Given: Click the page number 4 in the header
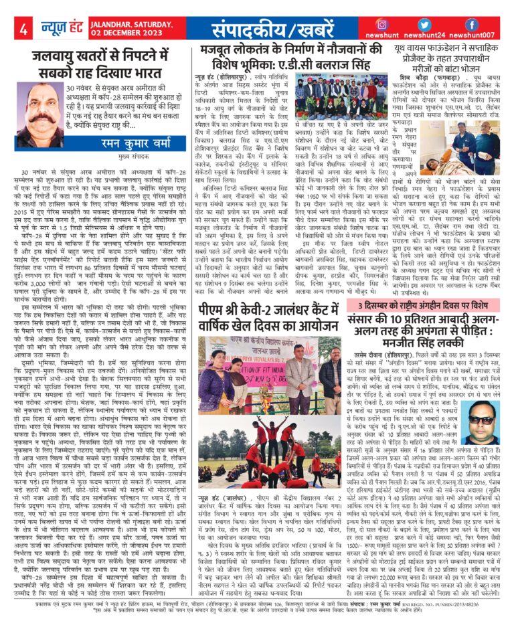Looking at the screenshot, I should pyautogui.click(x=23, y=29).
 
